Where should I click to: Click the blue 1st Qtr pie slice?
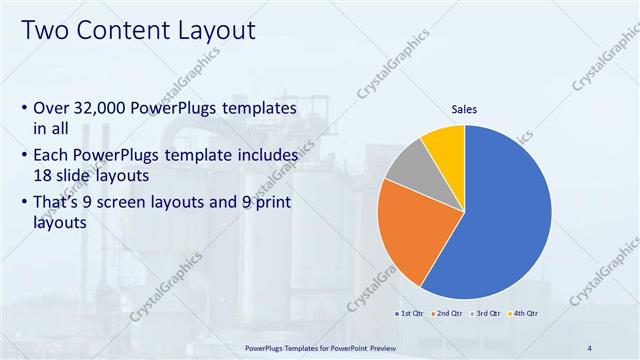[x=505, y=220]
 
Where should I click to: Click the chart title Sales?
[x=465, y=109]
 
